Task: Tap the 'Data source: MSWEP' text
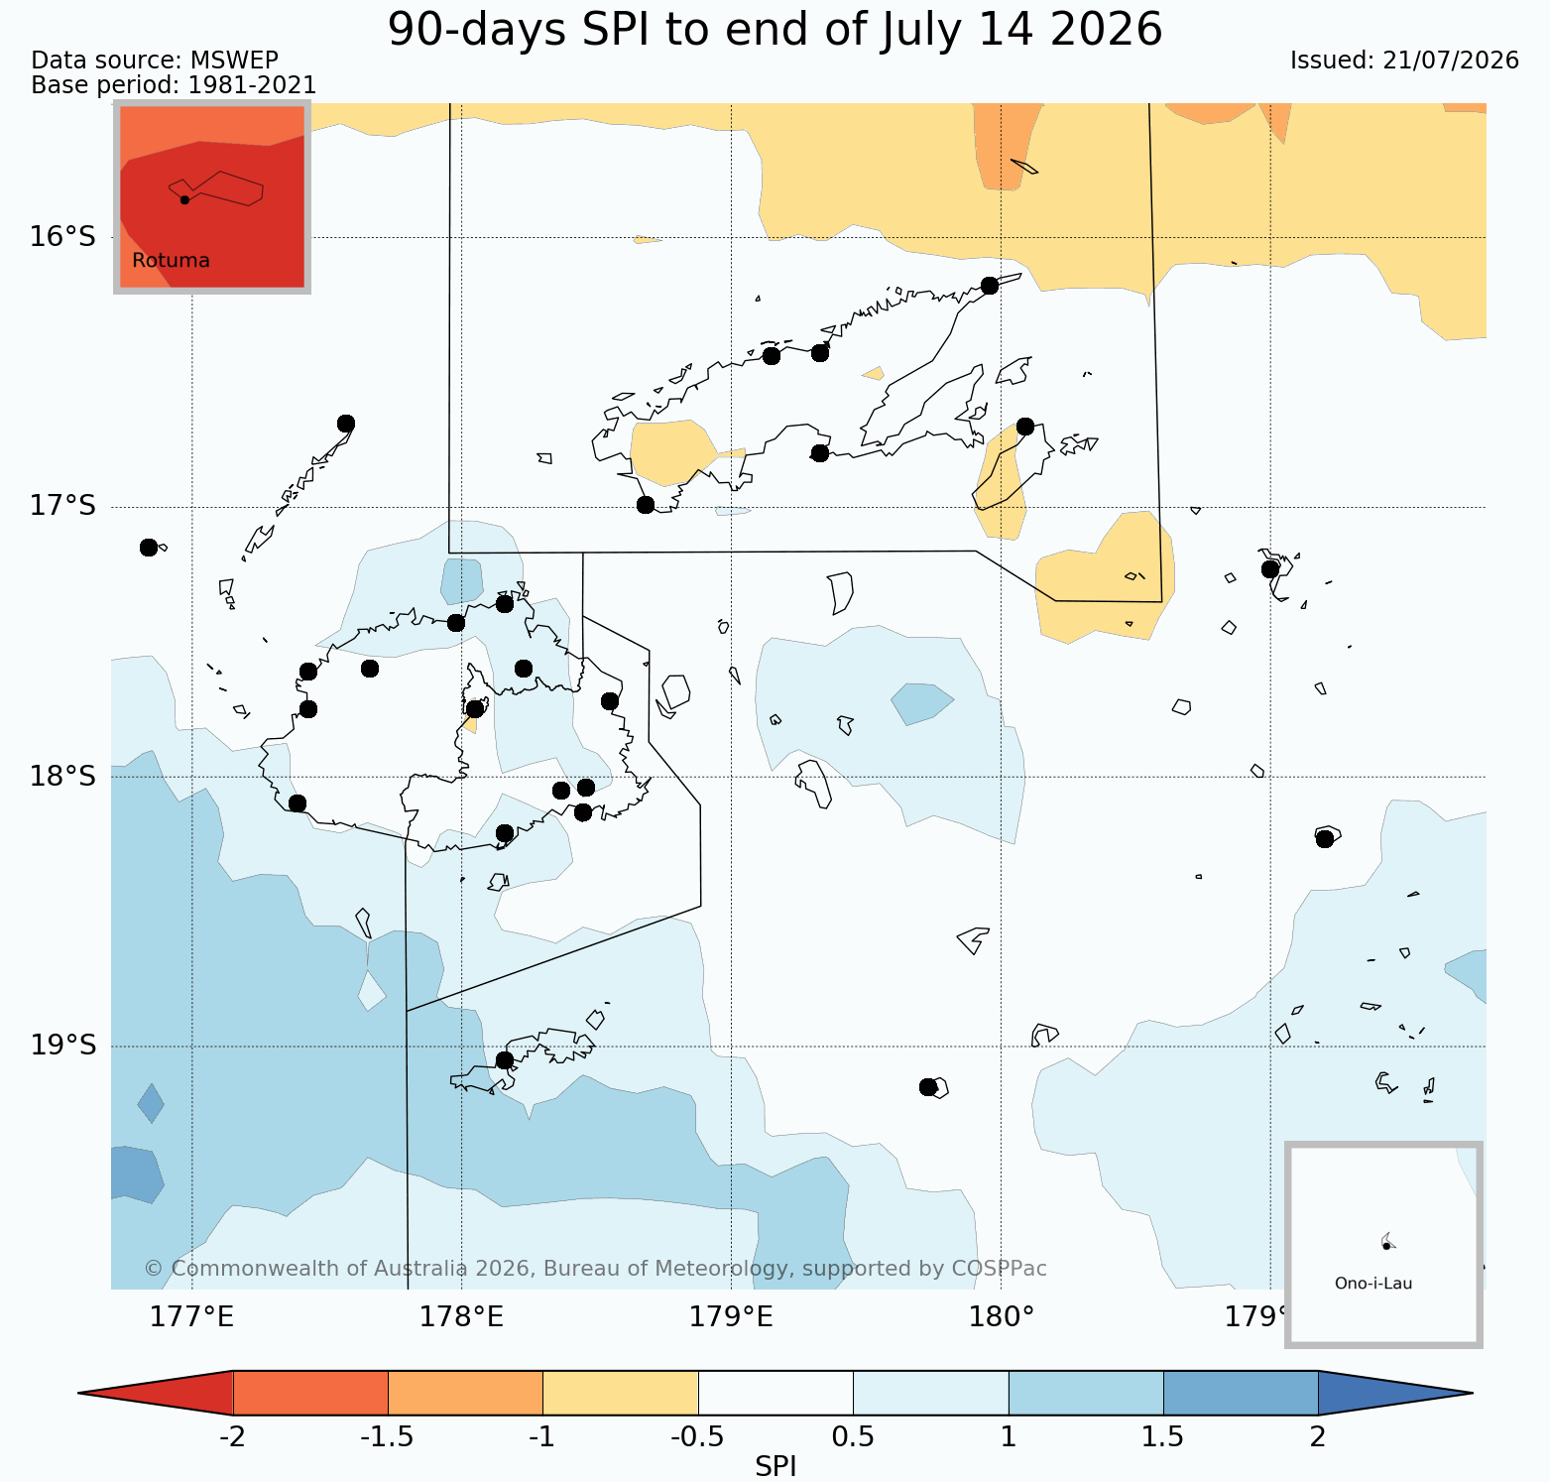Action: (155, 61)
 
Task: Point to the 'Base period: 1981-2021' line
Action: (174, 85)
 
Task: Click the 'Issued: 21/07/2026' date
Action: (1404, 61)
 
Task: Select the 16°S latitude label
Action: (62, 236)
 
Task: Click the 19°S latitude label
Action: (62, 1046)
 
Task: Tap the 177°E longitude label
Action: (191, 1317)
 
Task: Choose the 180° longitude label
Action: (1002, 1317)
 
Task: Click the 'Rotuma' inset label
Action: (171, 261)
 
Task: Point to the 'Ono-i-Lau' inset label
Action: (1373, 1283)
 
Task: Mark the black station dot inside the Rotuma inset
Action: (184, 199)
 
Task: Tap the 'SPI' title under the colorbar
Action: (775, 1467)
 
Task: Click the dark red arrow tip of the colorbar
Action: (79, 1393)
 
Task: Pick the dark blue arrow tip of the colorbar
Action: (1472, 1393)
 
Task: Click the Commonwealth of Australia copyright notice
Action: (595, 1269)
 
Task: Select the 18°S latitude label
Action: (62, 776)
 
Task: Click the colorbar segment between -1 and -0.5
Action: (621, 1393)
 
